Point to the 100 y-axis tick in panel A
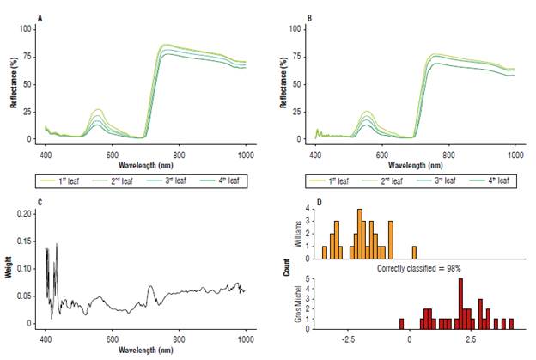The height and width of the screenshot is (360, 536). (25, 28)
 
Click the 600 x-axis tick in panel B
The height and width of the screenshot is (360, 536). (381, 153)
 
